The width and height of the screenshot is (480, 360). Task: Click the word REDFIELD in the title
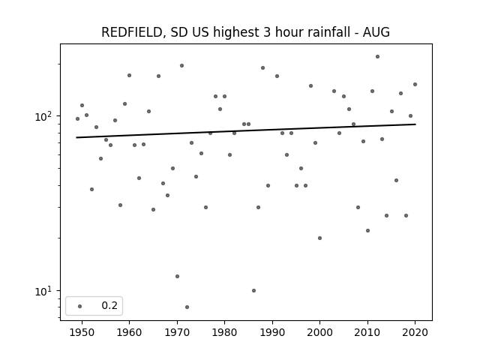click(x=132, y=32)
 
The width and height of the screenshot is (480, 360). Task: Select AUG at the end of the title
click(x=376, y=31)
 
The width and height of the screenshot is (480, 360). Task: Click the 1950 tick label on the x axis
click(x=82, y=332)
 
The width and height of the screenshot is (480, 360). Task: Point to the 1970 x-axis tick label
click(x=177, y=332)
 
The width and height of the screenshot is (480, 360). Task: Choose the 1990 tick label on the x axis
click(x=272, y=332)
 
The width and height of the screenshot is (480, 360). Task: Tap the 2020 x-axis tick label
click(x=415, y=332)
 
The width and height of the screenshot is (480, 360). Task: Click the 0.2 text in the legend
click(x=109, y=305)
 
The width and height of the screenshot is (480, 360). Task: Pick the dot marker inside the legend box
click(x=80, y=306)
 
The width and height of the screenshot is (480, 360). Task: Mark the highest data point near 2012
click(x=377, y=57)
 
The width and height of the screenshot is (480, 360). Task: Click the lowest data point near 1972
click(x=187, y=307)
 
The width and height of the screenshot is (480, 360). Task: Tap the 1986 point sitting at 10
click(x=253, y=290)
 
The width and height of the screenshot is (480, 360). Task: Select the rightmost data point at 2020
click(x=415, y=85)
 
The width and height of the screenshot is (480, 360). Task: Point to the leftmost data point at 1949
click(x=77, y=118)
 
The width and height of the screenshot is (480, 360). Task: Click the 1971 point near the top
click(x=181, y=65)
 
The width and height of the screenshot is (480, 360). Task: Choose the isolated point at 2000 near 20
click(x=320, y=238)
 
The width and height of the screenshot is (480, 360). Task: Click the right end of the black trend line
click(x=415, y=124)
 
